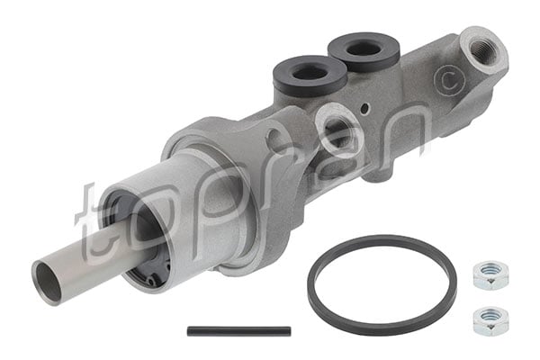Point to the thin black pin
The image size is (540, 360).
click(x=238, y=331)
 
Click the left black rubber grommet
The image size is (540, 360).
click(x=310, y=75)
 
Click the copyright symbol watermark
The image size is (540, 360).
click(x=445, y=80)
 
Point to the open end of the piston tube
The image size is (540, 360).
click(x=48, y=280)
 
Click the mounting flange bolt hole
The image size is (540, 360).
click(x=275, y=140)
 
